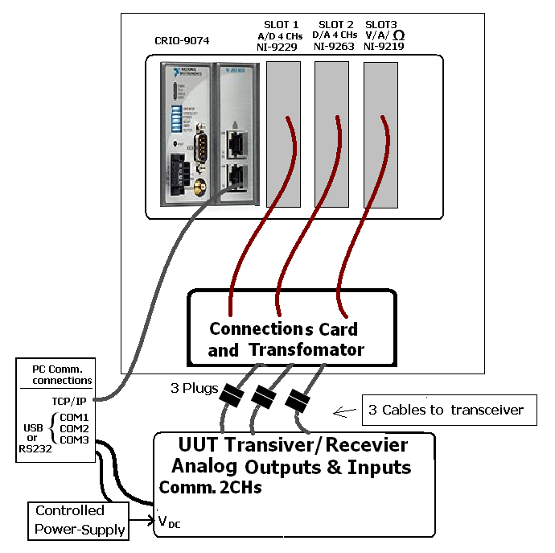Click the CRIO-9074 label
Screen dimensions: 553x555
(x=182, y=40)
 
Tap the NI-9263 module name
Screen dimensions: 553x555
(x=335, y=47)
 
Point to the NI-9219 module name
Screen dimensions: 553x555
(x=384, y=47)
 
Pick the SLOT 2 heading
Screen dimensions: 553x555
(x=335, y=24)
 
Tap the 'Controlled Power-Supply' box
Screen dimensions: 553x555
(x=81, y=520)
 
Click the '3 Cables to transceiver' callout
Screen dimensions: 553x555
(x=446, y=410)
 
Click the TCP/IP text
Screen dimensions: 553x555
(x=70, y=400)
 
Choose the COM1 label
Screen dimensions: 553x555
(x=74, y=418)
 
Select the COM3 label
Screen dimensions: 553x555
(x=74, y=440)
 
